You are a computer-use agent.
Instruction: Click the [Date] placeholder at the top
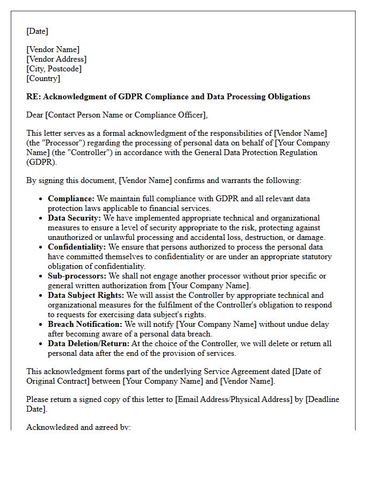(37, 31)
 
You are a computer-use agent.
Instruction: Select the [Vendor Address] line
(56, 59)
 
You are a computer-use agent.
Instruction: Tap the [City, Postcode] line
(54, 69)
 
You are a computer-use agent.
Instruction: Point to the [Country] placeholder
(43, 78)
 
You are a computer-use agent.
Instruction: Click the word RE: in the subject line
(33, 97)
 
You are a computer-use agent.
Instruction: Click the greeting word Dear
(35, 115)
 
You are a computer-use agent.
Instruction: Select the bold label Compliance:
(71, 199)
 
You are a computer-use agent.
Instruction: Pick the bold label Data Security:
(74, 218)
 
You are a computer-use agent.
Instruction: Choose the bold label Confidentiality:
(77, 247)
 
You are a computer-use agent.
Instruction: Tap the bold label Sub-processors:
(75, 276)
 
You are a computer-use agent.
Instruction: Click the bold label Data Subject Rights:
(86, 295)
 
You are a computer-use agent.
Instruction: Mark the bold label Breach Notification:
(85, 324)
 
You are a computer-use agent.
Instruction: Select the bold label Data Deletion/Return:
(89, 343)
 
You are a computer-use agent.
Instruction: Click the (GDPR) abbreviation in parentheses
(41, 162)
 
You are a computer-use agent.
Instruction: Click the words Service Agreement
(197, 371)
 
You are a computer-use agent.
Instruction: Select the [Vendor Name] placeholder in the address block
(53, 49)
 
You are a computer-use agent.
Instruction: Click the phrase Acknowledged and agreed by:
(78, 427)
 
